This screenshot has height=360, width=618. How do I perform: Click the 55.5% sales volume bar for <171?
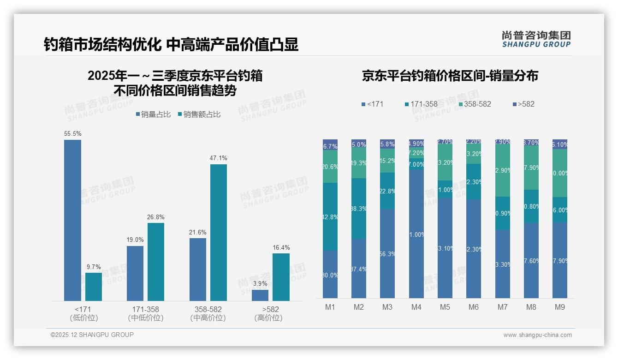pyautogui.click(x=72, y=220)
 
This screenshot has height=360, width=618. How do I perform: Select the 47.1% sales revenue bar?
pyautogui.click(x=219, y=233)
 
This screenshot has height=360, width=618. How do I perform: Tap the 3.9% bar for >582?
pyautogui.click(x=260, y=295)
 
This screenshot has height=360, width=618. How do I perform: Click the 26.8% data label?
pyautogui.click(x=156, y=217)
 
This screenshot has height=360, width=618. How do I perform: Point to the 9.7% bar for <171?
pyautogui.click(x=94, y=287)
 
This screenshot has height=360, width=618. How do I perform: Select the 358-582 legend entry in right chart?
pyautogui.click(x=475, y=104)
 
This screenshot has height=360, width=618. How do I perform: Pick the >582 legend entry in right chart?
pyautogui.click(x=523, y=104)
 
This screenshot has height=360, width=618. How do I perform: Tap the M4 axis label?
pyautogui.click(x=416, y=307)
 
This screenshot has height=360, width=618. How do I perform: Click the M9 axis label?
pyautogui.click(x=559, y=307)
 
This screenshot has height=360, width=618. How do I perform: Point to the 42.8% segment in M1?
pyautogui.click(x=330, y=216)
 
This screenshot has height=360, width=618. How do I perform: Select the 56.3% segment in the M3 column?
pyautogui.click(x=387, y=253)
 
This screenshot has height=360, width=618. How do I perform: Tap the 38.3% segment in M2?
pyautogui.click(x=359, y=209)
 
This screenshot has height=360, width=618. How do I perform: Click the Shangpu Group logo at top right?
pyautogui.click(x=536, y=39)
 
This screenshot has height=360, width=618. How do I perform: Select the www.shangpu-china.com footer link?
pyautogui.click(x=537, y=335)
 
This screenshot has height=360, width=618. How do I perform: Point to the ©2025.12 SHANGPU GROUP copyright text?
pyautogui.click(x=92, y=335)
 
